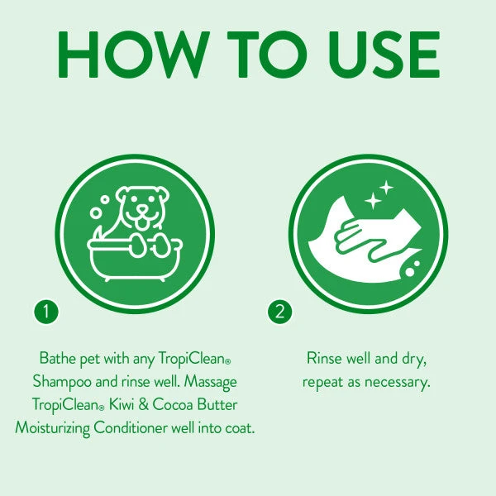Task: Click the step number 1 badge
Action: click(47, 312)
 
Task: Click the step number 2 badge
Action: click(280, 312)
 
